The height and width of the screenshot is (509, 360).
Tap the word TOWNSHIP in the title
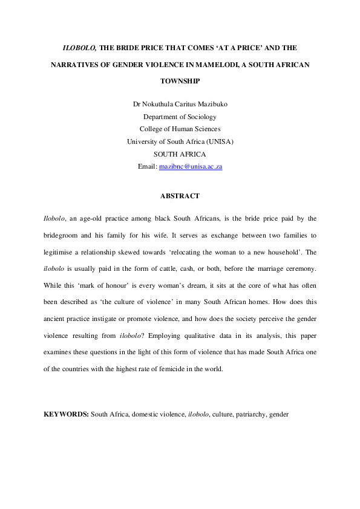click(x=180, y=80)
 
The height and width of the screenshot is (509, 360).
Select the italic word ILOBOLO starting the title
click(x=80, y=47)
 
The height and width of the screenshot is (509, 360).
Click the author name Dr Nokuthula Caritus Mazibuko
click(x=180, y=105)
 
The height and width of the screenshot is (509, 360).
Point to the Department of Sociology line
click(x=180, y=117)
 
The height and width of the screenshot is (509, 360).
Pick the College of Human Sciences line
click(x=180, y=129)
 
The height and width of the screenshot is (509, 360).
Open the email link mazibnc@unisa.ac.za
click(x=191, y=166)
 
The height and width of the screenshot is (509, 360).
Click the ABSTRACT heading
click(x=180, y=196)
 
